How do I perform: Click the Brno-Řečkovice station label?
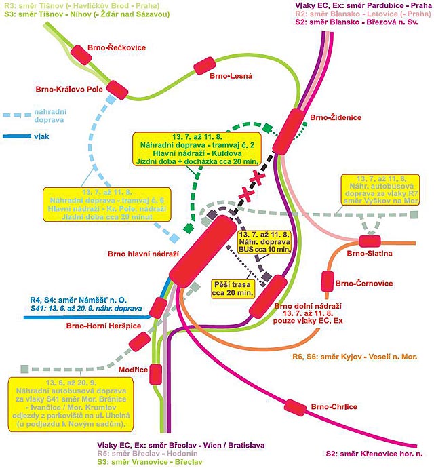116,47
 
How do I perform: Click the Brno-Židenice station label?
336,117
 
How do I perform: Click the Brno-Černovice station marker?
327,280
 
